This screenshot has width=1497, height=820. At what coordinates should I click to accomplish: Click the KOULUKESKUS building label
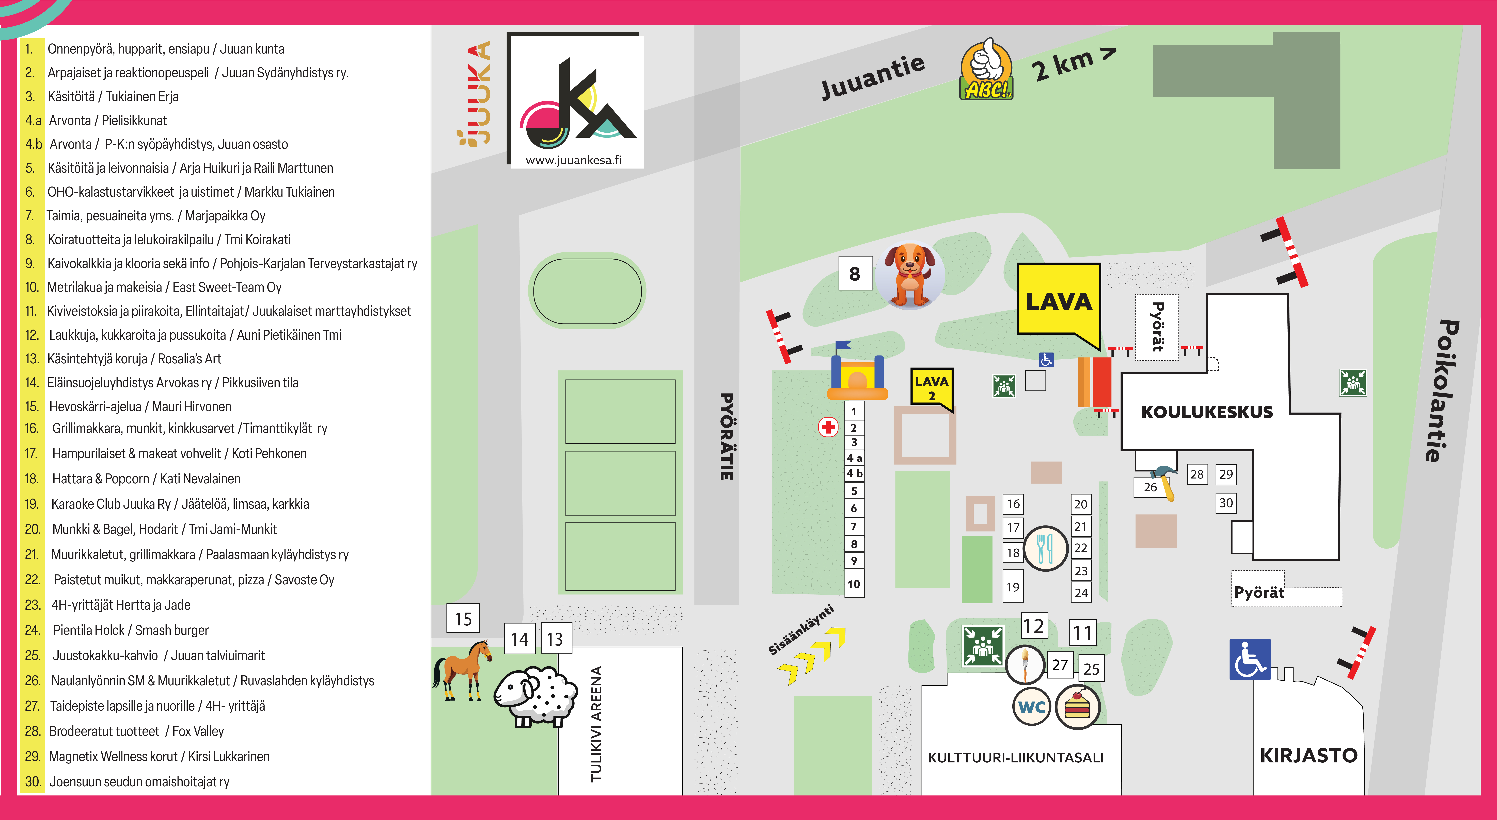1206,412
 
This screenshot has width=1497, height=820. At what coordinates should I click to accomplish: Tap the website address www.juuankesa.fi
574,160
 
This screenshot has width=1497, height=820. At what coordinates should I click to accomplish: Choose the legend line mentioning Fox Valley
124,731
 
